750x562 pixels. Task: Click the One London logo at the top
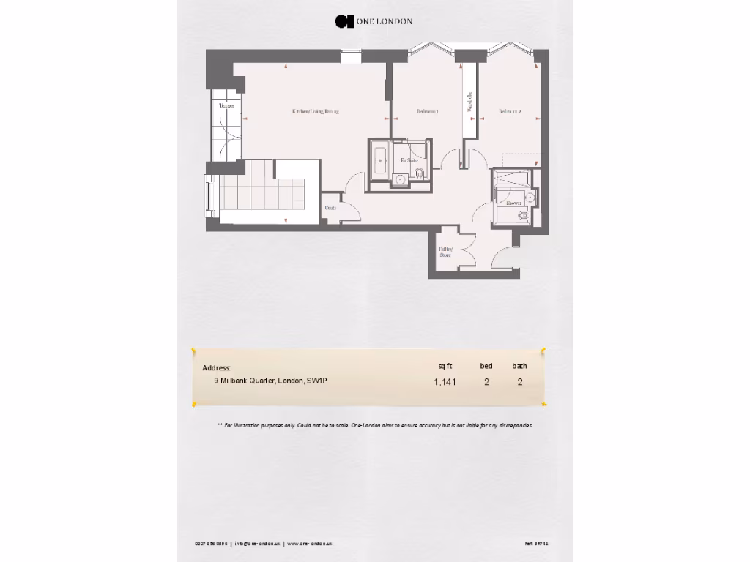374,21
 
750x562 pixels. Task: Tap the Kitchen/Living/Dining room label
315,112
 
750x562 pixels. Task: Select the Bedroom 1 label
427,112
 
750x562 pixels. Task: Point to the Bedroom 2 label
510,112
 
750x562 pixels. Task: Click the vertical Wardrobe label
469,102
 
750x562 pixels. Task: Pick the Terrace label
227,106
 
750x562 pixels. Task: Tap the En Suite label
408,160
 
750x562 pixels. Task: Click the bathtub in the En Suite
379,159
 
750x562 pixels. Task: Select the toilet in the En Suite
419,173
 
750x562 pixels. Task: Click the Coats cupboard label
331,208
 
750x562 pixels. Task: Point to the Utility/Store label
445,252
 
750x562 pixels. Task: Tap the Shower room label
513,203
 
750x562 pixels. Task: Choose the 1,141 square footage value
445,381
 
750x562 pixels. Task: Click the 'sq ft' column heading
445,366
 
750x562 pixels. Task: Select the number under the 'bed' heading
486,381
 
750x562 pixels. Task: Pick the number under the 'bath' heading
520,381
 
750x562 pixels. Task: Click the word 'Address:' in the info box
217,367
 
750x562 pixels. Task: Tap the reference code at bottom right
536,544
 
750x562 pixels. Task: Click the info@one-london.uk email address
258,544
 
